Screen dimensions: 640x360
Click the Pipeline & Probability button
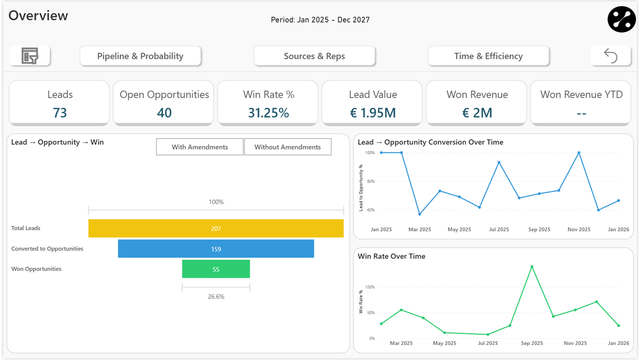coord(140,56)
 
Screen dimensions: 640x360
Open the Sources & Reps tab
coord(314,56)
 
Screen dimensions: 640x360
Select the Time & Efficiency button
coord(488,56)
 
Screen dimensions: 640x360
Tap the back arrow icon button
coord(610,55)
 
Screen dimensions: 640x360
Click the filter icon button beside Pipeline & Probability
coord(30,56)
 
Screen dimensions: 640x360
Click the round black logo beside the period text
coord(621,19)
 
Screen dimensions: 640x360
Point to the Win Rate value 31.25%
coord(268,113)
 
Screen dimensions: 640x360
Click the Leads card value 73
coord(59,113)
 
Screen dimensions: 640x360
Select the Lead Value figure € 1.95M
coord(372,113)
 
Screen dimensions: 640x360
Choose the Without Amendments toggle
coord(287,147)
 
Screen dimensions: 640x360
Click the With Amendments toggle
coord(199,147)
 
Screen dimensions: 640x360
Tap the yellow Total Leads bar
coord(215,228)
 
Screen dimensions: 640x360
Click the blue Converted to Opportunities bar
coord(215,249)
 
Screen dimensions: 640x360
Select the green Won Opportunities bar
coord(215,269)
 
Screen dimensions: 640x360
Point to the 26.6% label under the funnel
coord(216,296)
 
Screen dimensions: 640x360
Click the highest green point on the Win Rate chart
coord(531,266)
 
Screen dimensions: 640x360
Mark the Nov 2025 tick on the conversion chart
coord(578,229)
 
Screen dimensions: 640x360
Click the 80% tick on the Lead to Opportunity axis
coord(370,181)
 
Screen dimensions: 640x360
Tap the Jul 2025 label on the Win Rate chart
coord(487,343)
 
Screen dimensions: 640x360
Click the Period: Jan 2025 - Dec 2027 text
coord(320,20)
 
